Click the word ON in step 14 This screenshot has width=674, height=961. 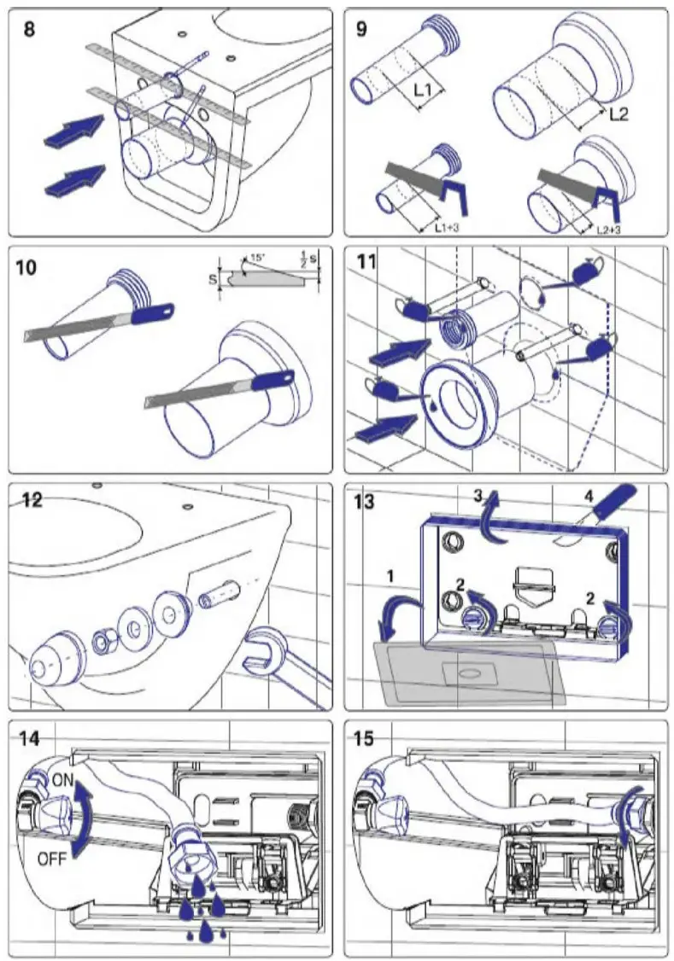pos(62,779)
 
